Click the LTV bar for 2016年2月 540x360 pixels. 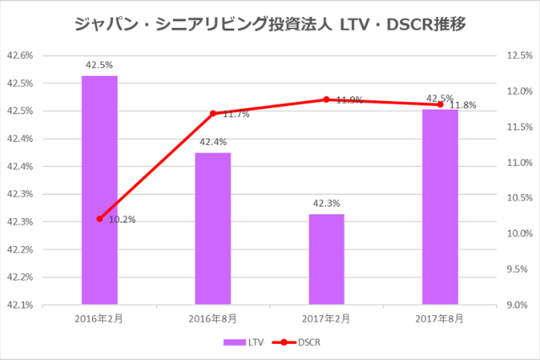[100, 190]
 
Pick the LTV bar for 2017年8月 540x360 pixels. [440, 207]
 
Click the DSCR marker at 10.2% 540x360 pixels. [100, 218]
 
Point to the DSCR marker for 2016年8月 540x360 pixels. [213, 113]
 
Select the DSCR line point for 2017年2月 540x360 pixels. [327, 99]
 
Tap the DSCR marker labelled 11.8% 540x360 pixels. [440, 105]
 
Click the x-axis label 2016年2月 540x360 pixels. [100, 319]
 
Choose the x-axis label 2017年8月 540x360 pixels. [440, 319]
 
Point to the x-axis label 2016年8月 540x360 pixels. [213, 319]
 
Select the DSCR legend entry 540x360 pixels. [300, 342]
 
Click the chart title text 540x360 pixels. [269, 23]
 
